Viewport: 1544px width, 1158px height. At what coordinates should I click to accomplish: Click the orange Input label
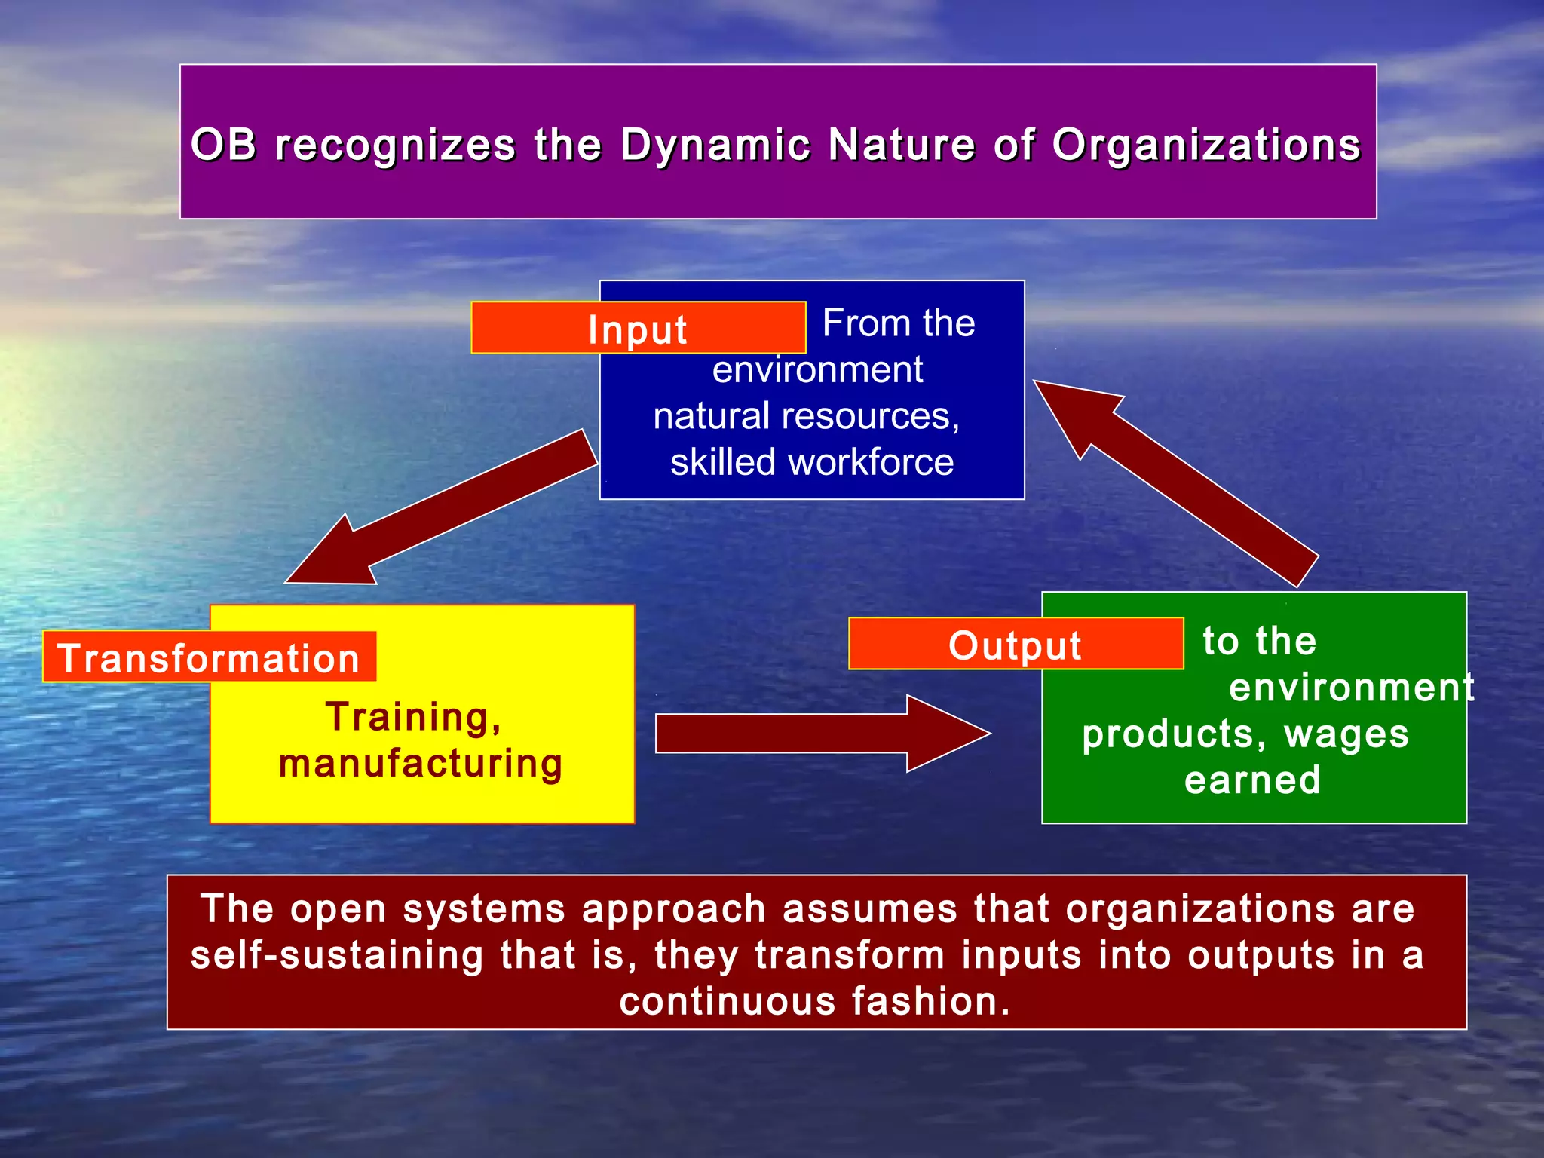point(638,329)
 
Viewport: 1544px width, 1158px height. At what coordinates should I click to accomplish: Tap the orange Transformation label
point(209,657)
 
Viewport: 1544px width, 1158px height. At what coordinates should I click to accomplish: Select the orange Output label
point(1015,645)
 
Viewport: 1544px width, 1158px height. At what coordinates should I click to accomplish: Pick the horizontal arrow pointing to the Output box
point(822,734)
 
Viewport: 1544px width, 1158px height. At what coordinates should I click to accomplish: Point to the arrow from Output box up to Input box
point(1176,482)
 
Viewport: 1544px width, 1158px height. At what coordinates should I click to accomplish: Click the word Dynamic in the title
point(715,144)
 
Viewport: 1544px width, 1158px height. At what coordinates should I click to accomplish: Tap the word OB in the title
point(223,144)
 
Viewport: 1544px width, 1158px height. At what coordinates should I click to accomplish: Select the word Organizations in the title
point(1206,144)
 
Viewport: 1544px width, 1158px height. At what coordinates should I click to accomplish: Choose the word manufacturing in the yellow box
point(421,763)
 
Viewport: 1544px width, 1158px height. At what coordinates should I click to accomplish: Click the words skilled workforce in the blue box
point(812,461)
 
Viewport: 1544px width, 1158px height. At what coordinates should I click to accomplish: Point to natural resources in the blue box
point(806,415)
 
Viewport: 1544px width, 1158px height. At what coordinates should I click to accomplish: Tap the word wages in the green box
point(1346,734)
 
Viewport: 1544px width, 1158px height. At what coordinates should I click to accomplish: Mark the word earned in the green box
point(1252,780)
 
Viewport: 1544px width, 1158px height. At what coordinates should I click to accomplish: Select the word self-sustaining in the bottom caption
point(337,955)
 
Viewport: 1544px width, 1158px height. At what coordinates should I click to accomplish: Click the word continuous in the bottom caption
point(728,1001)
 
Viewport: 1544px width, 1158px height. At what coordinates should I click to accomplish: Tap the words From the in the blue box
point(899,323)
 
